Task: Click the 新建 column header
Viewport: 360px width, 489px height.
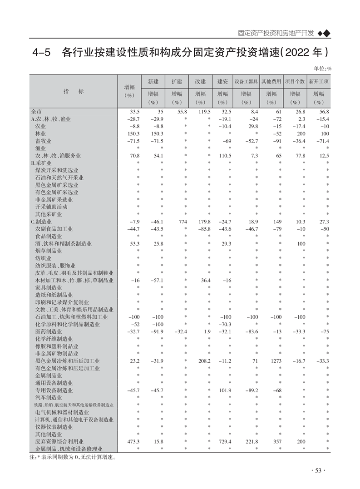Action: (x=153, y=81)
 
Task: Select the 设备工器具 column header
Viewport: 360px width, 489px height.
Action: (x=246, y=81)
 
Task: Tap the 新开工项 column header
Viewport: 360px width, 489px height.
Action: (x=319, y=81)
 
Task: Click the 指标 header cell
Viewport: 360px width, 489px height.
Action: (x=74, y=91)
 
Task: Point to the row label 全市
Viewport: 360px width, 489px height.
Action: (x=37, y=112)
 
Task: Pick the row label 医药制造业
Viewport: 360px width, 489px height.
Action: (x=49, y=332)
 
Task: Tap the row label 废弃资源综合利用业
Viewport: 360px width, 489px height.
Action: (x=56, y=441)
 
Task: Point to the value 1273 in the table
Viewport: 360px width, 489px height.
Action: (x=276, y=361)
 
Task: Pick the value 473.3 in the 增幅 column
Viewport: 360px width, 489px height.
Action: (x=132, y=441)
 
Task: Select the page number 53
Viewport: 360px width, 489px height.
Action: (x=318, y=471)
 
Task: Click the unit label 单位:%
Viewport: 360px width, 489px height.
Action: (x=322, y=68)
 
